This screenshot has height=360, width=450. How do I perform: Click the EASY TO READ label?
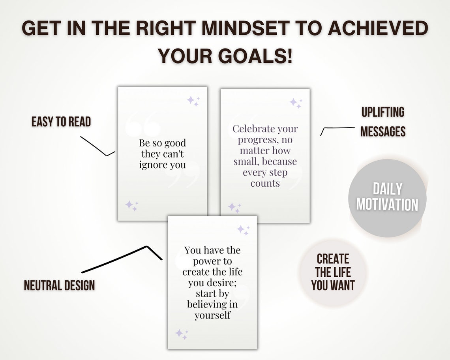[x=61, y=122]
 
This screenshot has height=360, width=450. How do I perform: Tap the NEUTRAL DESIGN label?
[x=59, y=285]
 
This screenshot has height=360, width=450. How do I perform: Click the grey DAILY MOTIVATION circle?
[x=387, y=198]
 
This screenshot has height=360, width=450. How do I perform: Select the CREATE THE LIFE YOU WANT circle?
[x=333, y=272]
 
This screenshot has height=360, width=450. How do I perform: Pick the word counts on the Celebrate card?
[x=265, y=183]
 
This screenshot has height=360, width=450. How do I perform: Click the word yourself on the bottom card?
[x=212, y=315]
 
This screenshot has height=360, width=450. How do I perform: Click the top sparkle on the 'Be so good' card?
[x=193, y=101]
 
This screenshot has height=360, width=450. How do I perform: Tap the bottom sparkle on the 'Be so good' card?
[x=131, y=205]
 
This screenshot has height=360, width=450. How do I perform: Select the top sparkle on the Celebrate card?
[x=296, y=103]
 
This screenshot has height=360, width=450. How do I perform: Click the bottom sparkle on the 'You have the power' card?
[x=181, y=334]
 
